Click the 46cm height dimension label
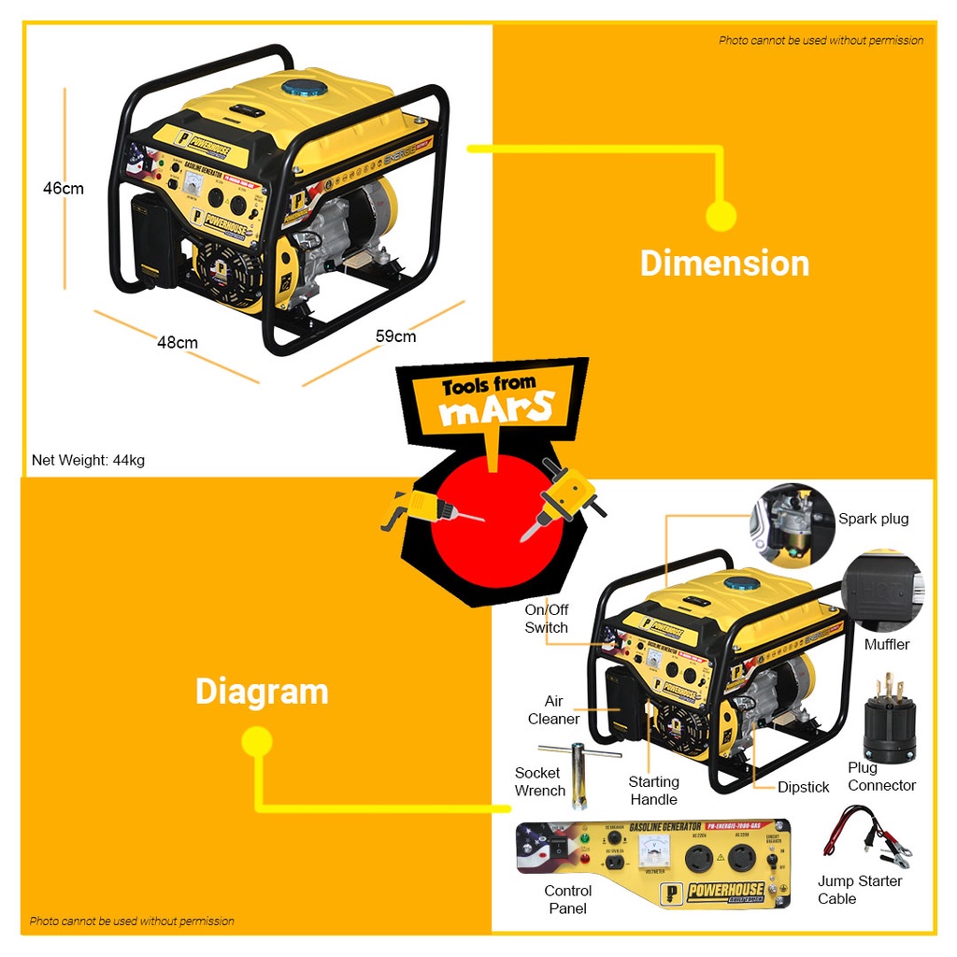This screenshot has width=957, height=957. (64, 188)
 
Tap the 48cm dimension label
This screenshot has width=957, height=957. (178, 342)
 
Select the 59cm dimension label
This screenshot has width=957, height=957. (396, 336)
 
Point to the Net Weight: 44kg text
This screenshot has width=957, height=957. (88, 460)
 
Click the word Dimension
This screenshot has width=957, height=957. (724, 263)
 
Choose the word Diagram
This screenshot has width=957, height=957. (262, 692)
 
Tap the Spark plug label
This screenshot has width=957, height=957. (873, 519)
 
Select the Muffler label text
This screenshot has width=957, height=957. (886, 644)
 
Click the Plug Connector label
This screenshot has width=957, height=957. (881, 777)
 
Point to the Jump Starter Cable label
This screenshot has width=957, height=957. (860, 890)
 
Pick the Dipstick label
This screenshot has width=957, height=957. (803, 787)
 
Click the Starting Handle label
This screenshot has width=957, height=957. (653, 791)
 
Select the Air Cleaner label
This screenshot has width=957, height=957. (553, 710)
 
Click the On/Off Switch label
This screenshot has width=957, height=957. (547, 619)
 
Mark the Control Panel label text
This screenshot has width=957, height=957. (568, 899)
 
